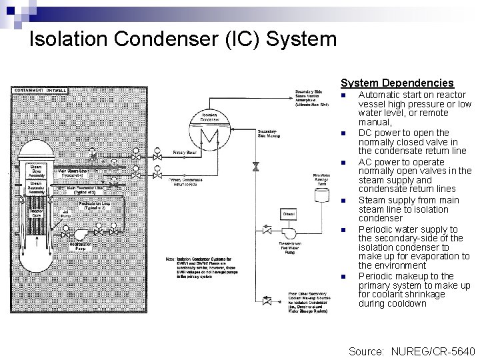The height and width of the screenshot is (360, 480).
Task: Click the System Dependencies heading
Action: coord(397,83)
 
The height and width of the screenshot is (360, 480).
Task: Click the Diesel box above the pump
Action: coord(289,213)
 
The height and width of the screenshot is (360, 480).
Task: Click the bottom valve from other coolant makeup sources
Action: coord(267,301)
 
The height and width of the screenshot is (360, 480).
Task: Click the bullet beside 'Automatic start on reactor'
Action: coord(343,96)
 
